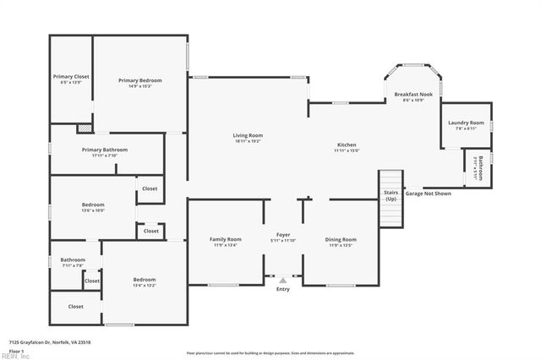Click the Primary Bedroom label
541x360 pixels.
click(139, 80)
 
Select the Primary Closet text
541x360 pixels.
click(71, 76)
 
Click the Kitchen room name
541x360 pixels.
click(347, 145)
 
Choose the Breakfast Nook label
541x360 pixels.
click(413, 95)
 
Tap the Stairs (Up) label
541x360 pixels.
click(391, 195)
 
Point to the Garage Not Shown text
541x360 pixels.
click(429, 193)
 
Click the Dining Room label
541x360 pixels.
click(341, 239)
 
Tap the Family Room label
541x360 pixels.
click(226, 239)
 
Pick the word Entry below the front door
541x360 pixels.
click(283, 290)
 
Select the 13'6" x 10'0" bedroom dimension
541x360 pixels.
click(93, 210)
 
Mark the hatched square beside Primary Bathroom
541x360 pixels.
click(84, 128)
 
